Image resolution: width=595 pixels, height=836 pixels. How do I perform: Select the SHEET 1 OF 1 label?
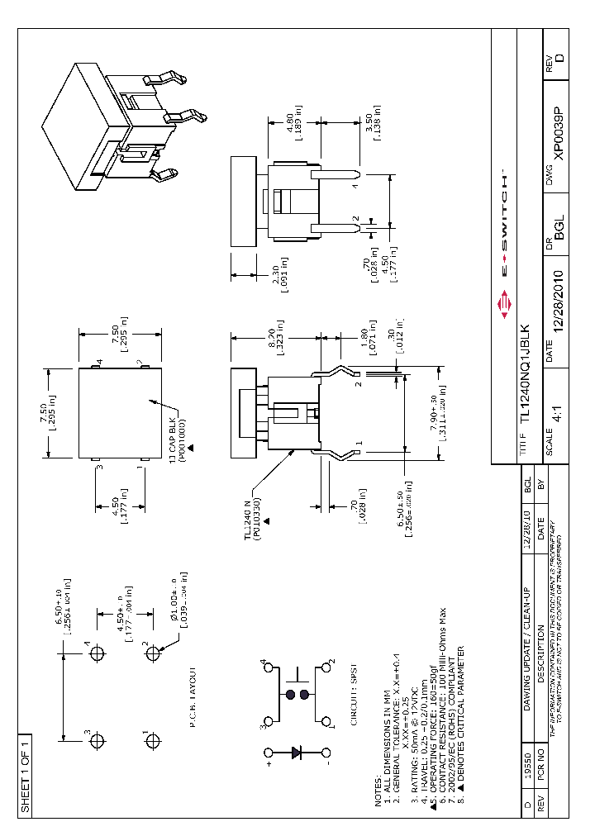[25, 772]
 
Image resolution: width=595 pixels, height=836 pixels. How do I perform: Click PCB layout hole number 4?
[97, 653]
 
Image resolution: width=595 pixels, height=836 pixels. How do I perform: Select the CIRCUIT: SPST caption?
[353, 695]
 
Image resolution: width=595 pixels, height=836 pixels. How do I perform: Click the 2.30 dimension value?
[278, 272]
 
